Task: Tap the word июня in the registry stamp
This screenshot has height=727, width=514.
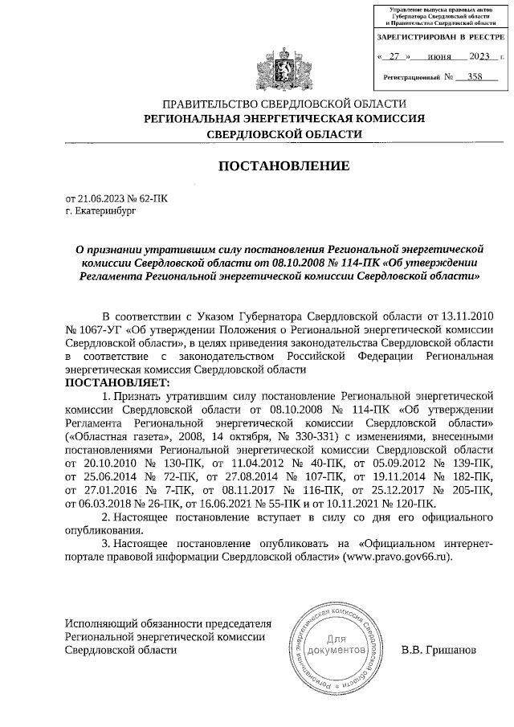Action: (438, 57)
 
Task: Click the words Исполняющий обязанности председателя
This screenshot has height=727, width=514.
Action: (168, 623)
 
